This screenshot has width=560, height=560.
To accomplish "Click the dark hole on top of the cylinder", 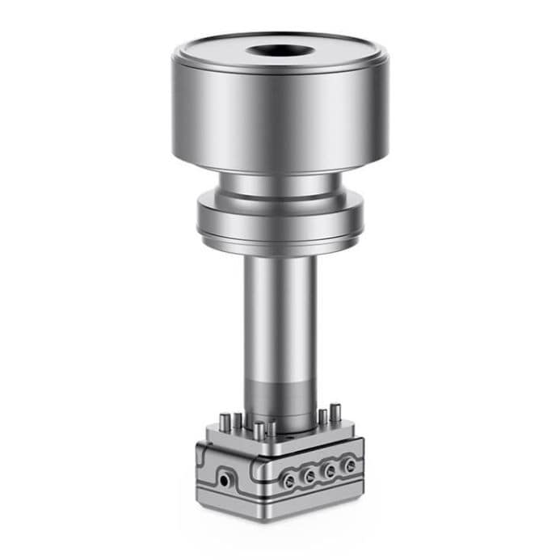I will coord(280,52).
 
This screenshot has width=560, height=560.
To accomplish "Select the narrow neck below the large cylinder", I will coord(280,187).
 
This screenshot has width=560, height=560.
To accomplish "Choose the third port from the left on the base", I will coord(330,471).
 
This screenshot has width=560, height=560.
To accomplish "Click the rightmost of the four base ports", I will coord(349,466).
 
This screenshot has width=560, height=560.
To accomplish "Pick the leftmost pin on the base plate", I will coord(223,421).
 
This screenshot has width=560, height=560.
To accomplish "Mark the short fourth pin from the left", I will coord(272,429).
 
